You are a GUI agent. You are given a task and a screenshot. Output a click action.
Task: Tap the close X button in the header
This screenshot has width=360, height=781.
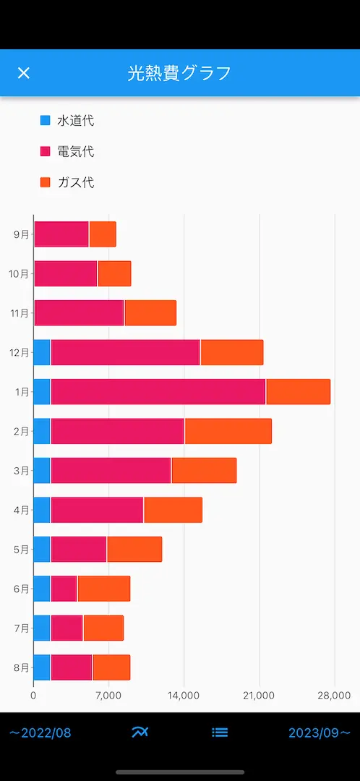click(x=23, y=73)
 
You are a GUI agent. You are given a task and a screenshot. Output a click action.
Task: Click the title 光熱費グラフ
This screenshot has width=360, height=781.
click(x=179, y=73)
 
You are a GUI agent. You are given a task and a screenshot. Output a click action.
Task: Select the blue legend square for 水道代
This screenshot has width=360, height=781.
click(x=46, y=121)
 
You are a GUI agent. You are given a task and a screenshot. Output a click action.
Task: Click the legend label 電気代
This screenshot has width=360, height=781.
click(x=76, y=151)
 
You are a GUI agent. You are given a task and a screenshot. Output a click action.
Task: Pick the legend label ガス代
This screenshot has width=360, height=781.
click(x=76, y=182)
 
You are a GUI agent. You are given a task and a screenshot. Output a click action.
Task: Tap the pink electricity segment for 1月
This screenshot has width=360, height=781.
click(x=158, y=391)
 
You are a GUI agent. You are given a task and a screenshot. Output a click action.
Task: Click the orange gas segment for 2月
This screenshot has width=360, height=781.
click(x=228, y=431)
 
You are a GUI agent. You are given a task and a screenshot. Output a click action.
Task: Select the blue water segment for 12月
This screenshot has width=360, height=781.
click(x=42, y=352)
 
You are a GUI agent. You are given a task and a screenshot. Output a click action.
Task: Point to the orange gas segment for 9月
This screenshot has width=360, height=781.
click(x=103, y=234)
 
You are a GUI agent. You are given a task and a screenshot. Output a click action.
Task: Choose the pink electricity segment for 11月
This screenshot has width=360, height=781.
click(x=80, y=313)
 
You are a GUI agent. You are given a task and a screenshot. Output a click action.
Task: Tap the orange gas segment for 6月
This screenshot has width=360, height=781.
click(x=104, y=588)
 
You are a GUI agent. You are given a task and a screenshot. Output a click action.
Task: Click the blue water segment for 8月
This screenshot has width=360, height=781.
click(x=42, y=667)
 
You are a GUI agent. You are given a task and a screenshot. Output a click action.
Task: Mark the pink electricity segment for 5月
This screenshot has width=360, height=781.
click(x=79, y=549)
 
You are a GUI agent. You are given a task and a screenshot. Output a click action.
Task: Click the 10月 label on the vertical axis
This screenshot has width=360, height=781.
click(x=19, y=274)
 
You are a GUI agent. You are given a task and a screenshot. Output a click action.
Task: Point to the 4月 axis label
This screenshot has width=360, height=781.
click(x=22, y=510)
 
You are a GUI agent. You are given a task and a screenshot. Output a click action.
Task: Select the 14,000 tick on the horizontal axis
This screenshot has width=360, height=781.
click(x=184, y=696)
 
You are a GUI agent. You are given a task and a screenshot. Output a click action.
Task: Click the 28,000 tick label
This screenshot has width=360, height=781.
click(x=334, y=696)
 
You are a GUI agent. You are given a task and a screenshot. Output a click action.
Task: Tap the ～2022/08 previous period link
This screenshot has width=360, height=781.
click(x=40, y=733)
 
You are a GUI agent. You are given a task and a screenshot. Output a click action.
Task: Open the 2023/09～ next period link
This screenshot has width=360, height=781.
click(x=320, y=733)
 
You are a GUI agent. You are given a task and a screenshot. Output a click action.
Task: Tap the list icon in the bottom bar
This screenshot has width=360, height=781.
click(x=220, y=732)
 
